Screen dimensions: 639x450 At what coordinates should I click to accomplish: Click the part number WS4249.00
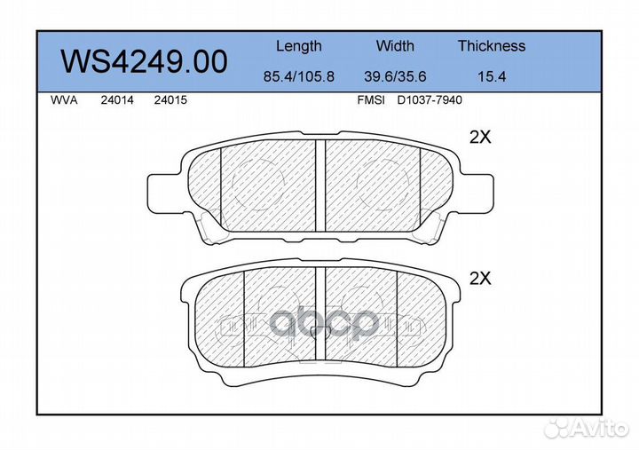(x=144, y=61)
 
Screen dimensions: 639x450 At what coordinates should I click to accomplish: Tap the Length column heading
(x=299, y=46)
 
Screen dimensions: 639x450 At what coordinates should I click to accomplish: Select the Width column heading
(x=395, y=45)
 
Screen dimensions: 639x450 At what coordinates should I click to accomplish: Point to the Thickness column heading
(x=492, y=45)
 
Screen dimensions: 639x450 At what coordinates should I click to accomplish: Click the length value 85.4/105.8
(x=299, y=76)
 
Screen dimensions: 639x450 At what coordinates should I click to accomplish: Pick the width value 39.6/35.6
(x=395, y=76)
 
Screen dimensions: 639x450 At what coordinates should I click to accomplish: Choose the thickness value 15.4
(x=492, y=76)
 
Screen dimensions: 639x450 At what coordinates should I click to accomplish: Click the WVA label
(x=64, y=100)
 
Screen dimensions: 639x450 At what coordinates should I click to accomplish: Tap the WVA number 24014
(x=117, y=100)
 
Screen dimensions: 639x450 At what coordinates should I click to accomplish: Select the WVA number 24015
(x=170, y=100)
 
